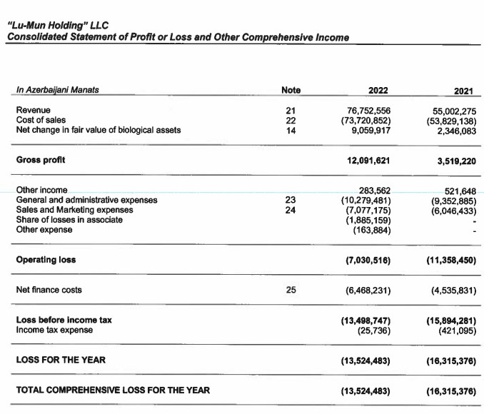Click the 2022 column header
click(378, 90)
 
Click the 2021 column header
click(463, 91)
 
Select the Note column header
click(291, 90)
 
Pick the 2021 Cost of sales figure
click(448, 121)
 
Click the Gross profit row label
click(40, 160)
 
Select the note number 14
click(291, 130)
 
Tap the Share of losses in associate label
click(69, 220)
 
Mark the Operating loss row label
click(46, 260)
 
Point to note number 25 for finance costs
click(291, 290)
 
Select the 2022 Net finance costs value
click(367, 291)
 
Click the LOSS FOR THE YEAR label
click(60, 360)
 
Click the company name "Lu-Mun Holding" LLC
click(57, 26)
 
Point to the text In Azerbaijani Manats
click(57, 90)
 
